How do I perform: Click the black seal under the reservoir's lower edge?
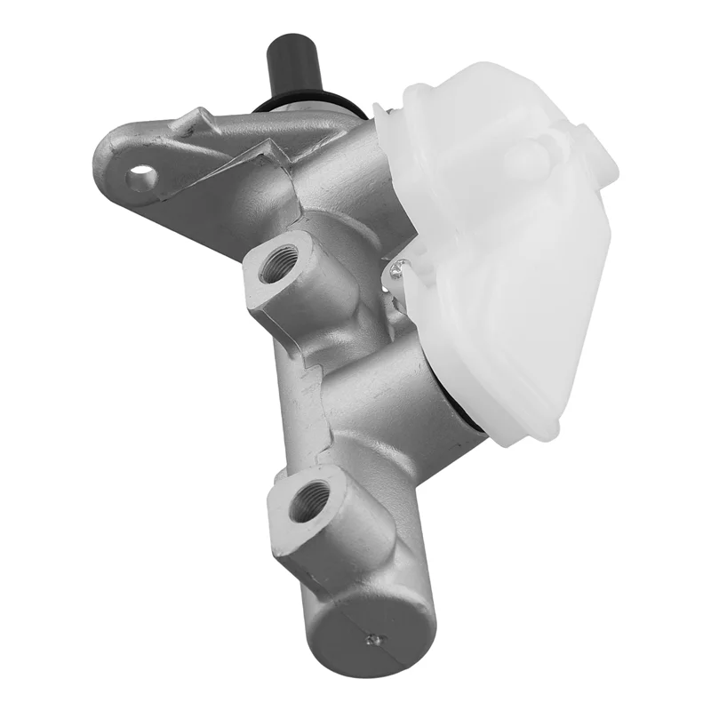(x=471, y=425)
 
